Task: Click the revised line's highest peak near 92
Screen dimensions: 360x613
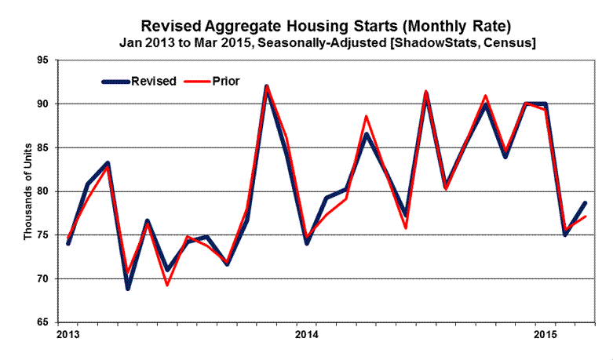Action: click(x=267, y=87)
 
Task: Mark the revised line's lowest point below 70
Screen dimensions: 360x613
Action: click(x=128, y=288)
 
